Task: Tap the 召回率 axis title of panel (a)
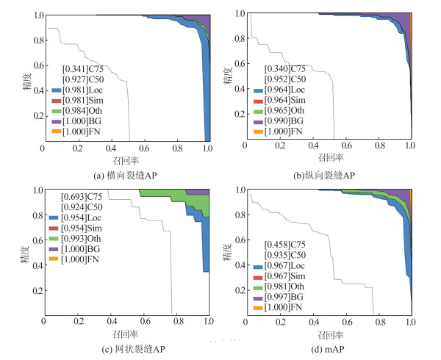125,159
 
